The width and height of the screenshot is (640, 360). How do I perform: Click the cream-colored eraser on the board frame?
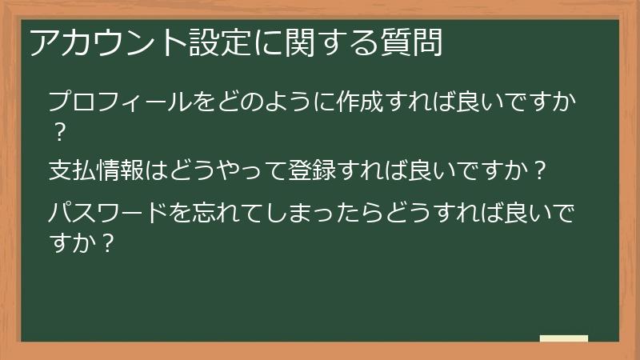click(x=564, y=339)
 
